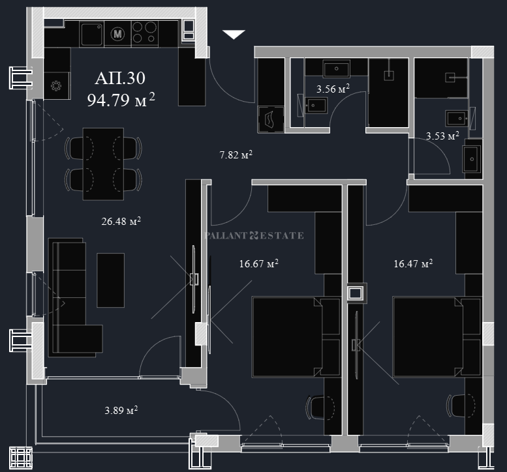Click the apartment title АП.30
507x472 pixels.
click(120, 78)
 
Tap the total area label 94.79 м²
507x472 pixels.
click(121, 100)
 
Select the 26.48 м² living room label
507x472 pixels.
click(121, 221)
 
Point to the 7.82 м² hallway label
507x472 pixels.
click(236, 155)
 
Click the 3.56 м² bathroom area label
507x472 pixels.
click(333, 89)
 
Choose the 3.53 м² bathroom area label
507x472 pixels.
click(442, 136)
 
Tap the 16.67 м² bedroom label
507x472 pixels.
click(258, 263)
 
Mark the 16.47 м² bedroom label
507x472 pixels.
click(413, 263)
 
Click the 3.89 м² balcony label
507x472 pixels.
click(121, 410)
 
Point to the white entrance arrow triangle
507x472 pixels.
click(234, 34)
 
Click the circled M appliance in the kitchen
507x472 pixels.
click(117, 34)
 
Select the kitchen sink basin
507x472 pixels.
click(92, 34)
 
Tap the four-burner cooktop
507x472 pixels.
click(145, 33)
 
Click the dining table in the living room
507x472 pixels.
click(103, 164)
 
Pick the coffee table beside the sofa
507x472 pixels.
click(110, 280)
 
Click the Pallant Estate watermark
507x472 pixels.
click(254, 235)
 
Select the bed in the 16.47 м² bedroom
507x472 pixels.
click(428, 337)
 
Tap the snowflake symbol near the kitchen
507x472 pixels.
click(56, 85)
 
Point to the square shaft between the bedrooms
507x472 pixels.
click(357, 293)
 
